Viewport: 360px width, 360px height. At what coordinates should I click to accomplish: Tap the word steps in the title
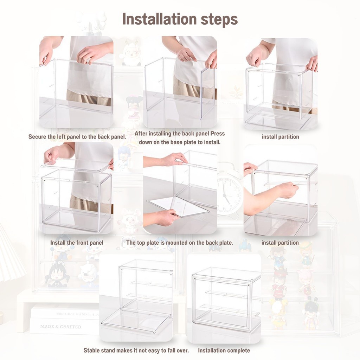[x=219, y=20]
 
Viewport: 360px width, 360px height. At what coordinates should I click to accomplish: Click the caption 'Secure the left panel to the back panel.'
[x=77, y=137]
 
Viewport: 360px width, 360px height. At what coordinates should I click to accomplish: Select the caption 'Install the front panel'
[x=77, y=243]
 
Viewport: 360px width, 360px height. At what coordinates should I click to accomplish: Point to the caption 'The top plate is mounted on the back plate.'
[x=180, y=243]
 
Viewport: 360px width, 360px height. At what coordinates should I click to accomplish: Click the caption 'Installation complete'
[x=224, y=351]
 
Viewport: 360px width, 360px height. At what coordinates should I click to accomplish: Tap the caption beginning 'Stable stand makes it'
[x=136, y=351]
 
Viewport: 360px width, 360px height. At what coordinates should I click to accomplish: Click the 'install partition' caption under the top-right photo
[x=280, y=137]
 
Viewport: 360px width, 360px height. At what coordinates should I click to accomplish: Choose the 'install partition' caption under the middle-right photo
[x=280, y=243]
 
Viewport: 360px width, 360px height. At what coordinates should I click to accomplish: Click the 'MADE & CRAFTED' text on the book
[x=60, y=327]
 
